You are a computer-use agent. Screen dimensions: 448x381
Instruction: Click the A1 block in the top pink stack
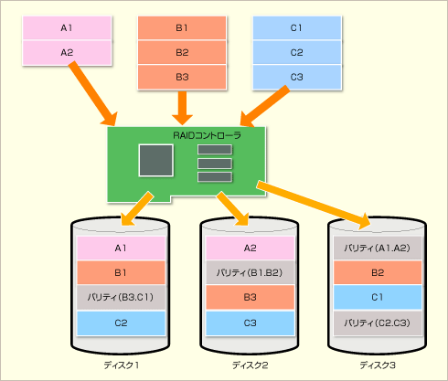67,28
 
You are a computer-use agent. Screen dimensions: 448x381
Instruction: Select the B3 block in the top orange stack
182,77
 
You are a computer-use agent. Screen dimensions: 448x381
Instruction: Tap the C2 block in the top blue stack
297,52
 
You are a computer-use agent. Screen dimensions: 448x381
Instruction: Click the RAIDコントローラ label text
207,135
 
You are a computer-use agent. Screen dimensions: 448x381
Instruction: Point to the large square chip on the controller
156,160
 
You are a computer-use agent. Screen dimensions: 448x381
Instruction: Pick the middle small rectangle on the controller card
215,164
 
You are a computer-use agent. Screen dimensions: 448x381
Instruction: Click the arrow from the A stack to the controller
93,94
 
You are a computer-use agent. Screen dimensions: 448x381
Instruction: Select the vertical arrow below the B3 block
182,108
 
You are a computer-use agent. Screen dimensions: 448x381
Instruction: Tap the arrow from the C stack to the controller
264,106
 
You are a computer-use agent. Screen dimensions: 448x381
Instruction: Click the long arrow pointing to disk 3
314,205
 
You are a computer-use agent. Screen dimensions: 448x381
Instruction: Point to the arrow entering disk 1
137,208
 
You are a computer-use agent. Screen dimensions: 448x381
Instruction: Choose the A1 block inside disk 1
121,249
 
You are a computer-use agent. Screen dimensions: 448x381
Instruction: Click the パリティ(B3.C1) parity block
121,297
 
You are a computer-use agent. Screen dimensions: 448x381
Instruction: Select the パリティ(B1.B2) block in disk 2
250,272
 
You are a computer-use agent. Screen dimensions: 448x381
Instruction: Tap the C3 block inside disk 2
250,323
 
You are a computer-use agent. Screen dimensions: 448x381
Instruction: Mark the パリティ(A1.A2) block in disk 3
378,249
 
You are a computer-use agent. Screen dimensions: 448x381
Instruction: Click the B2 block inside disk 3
378,272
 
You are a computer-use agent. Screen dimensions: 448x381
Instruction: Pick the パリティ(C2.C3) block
378,323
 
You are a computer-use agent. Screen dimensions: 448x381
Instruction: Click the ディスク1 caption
122,365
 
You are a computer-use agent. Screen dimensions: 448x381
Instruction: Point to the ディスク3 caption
378,365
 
